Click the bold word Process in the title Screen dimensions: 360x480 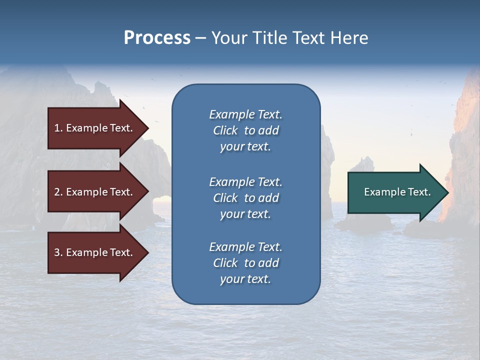pyautogui.click(x=157, y=38)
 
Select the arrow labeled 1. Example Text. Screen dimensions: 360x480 pyautogui.click(x=95, y=128)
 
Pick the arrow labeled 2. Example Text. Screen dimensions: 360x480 pyautogui.click(x=95, y=192)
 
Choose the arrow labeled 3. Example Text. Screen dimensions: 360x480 pyautogui.click(x=95, y=252)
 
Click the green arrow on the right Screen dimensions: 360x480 pyautogui.click(x=395, y=192)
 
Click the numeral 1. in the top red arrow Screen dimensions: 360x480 pyautogui.click(x=58, y=128)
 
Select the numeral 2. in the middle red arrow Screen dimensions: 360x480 pyautogui.click(x=58, y=192)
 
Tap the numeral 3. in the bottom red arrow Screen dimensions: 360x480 pyautogui.click(x=58, y=252)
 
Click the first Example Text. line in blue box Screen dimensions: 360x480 pyautogui.click(x=245, y=114)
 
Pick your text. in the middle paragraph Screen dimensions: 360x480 pyautogui.click(x=245, y=214)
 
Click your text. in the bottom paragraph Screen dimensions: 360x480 pyautogui.click(x=245, y=279)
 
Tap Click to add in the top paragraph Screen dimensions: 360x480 pyautogui.click(x=245, y=130)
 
